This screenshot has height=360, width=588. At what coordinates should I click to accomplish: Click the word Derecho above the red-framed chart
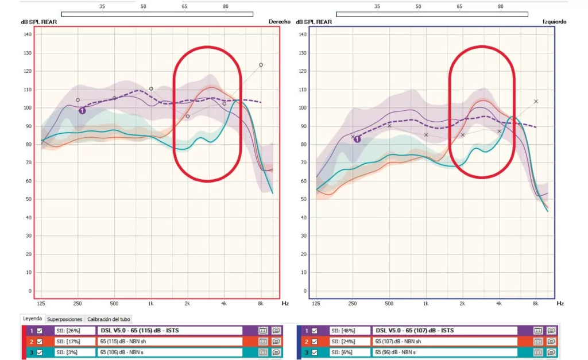click(279, 22)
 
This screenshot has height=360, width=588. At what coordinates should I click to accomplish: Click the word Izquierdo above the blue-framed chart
click(554, 22)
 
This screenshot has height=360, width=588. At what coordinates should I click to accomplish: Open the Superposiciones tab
click(65, 319)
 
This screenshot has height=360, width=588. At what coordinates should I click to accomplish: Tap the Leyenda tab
click(32, 319)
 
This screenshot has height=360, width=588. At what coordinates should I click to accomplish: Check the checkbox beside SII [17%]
click(40, 342)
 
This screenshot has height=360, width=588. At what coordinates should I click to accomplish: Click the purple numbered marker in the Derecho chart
click(82, 110)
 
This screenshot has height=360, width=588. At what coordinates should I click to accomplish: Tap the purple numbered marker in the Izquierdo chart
click(357, 139)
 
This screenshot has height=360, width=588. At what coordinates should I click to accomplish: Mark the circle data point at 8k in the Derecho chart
click(261, 65)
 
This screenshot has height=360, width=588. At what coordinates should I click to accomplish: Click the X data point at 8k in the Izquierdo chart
click(536, 101)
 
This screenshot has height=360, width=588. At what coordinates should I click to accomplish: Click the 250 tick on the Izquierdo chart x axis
click(353, 303)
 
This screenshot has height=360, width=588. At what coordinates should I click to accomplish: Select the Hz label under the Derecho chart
click(285, 303)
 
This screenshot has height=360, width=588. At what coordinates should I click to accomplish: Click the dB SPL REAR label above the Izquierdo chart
click(314, 22)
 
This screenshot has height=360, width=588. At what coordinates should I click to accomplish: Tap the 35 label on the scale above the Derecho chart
click(102, 6)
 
